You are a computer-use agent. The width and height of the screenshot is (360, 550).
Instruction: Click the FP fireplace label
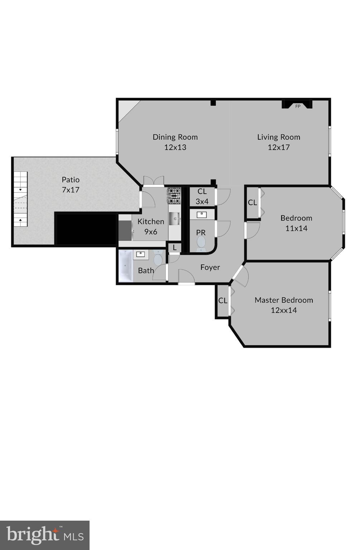[298, 106]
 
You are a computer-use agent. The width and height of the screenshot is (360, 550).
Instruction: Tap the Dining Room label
[175, 137]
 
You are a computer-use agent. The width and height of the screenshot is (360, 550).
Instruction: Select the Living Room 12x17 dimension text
[279, 147]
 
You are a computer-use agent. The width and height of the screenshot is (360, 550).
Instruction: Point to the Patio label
[71, 180]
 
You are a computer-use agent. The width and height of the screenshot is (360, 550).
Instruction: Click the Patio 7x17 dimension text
[71, 190]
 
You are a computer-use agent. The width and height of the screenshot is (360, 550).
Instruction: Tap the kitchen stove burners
[174, 196]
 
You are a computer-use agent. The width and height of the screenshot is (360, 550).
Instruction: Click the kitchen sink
[174, 218]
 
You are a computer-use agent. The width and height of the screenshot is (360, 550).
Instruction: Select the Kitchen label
[151, 222]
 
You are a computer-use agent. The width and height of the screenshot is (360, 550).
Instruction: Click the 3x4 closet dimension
[202, 202]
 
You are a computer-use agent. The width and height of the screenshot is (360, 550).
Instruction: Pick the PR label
[201, 233]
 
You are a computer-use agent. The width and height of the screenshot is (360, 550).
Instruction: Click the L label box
[174, 247]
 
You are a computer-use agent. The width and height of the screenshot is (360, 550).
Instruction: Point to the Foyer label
[210, 267]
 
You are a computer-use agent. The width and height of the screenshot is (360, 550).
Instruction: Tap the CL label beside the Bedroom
[252, 203]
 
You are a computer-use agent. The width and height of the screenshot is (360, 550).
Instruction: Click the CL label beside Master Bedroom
[223, 301]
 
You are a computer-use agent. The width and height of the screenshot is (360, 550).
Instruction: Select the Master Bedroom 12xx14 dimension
[284, 310]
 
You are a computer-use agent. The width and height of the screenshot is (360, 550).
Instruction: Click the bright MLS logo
[45, 535]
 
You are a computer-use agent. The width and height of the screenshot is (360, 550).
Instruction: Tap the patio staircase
[20, 199]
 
